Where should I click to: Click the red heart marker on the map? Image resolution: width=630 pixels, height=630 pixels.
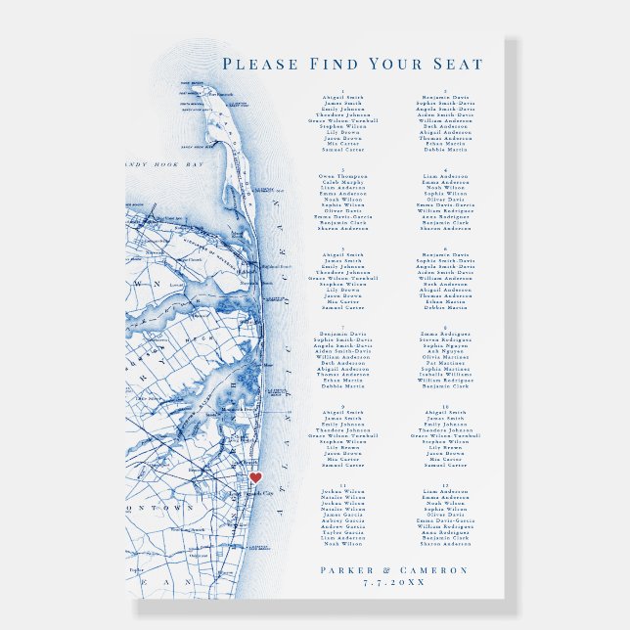click(x=255, y=477)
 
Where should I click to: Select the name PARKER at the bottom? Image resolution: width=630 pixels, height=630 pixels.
click(x=349, y=570)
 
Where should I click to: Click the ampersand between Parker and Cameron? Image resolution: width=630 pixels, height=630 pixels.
click(x=392, y=570)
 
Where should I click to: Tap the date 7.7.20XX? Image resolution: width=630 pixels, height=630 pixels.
click(x=394, y=583)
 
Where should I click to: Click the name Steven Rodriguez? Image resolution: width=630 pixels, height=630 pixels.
click(x=445, y=338)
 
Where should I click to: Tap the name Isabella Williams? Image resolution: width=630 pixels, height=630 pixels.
click(x=445, y=374)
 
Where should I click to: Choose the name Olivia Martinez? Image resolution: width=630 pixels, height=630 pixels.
click(x=445, y=356)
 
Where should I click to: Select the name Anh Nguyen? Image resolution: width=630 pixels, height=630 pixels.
click(x=445, y=350)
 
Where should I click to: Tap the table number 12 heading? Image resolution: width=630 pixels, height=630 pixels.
click(x=445, y=484)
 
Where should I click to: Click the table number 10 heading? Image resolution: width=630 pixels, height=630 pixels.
click(x=445, y=406)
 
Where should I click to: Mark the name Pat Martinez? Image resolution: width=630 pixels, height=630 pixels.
click(x=445, y=362)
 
